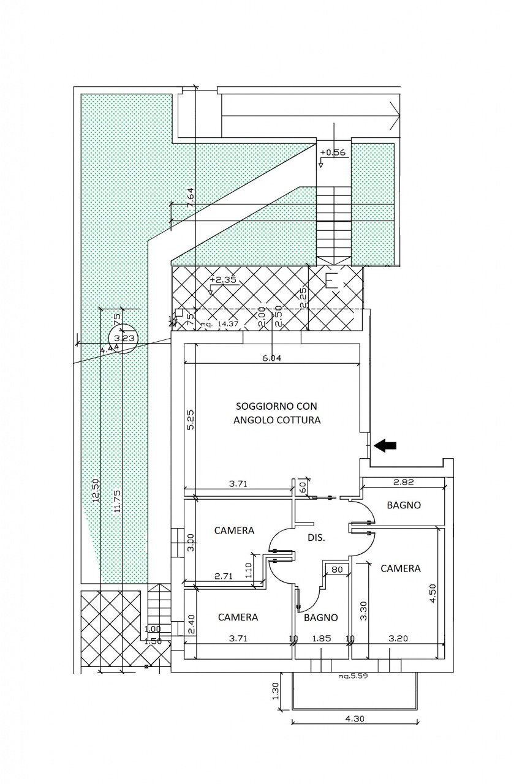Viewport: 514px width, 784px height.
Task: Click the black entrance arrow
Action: point(385,446)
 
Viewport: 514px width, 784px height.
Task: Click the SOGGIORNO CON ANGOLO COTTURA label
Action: point(277,413)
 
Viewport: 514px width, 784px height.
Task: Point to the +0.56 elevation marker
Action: point(333,153)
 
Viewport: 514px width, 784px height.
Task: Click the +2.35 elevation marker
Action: point(223,280)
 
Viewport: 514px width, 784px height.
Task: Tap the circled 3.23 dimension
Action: point(123,336)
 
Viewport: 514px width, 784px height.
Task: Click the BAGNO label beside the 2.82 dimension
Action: point(404,506)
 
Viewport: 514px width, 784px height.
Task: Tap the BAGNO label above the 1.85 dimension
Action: point(321,617)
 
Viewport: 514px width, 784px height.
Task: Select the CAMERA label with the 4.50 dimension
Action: point(401,568)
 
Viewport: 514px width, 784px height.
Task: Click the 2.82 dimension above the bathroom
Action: point(404,483)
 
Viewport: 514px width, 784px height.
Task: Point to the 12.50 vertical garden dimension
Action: point(95,490)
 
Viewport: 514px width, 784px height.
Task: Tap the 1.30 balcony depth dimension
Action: point(276,692)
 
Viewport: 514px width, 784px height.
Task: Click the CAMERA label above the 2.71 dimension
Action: point(234,530)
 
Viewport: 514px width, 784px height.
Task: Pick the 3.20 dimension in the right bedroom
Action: point(396,638)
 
